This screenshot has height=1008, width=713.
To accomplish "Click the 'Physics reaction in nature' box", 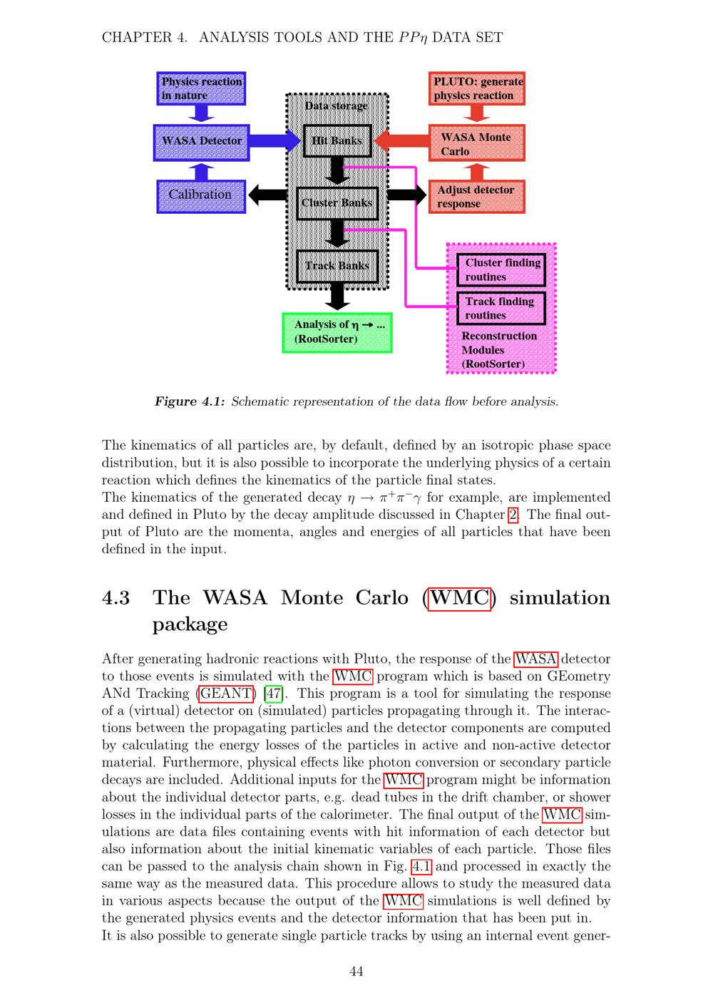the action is click(201, 88).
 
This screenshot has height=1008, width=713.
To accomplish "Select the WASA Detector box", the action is click(201, 143).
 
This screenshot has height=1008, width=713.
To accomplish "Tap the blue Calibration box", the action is click(201, 197).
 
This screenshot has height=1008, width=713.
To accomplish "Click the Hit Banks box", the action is click(337, 141).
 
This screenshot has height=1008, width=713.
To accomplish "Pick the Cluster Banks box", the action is click(337, 204).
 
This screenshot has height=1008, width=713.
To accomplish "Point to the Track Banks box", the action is click(337, 267).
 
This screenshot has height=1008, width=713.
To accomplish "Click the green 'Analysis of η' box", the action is click(337, 333).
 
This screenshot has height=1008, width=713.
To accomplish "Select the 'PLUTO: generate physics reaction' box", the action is click(477, 88).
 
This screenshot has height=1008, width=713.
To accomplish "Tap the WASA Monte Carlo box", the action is click(477, 143).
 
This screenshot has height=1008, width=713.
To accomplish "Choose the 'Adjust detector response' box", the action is click(477, 197).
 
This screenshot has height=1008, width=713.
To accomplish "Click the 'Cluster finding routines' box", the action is click(501, 270).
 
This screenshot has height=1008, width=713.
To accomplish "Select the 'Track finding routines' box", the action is click(501, 309).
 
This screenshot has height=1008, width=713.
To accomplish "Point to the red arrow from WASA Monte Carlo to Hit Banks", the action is click(401, 141).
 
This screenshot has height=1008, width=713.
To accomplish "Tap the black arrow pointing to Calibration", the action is click(268, 195).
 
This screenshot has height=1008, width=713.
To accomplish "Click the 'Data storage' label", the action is click(337, 106).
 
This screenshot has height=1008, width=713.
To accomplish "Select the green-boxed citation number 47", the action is click(273, 694).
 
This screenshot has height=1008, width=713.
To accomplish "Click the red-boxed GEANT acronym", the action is click(225, 694).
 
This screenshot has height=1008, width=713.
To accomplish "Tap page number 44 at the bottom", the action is click(356, 972).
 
